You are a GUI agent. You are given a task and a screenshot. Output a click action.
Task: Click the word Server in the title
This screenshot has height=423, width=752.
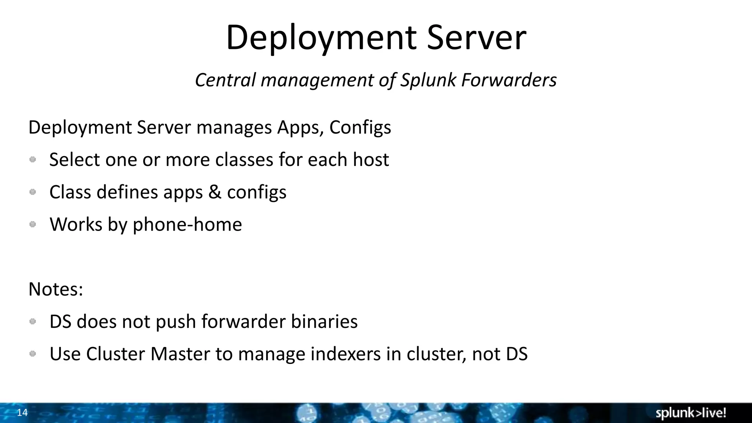tap(476, 38)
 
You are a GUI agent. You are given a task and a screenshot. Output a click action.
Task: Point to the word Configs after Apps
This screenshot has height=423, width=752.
tap(360, 128)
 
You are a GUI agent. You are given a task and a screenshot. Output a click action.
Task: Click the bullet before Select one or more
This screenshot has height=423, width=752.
tap(33, 159)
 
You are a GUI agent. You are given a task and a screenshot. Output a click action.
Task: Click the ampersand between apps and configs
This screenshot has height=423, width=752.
tap(215, 192)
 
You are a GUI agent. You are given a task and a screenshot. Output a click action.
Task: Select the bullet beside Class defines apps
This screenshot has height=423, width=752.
tap(33, 192)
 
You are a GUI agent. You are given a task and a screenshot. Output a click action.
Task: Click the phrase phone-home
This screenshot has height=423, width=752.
tap(187, 224)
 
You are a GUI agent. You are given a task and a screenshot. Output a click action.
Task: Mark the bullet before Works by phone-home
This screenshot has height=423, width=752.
tap(33, 224)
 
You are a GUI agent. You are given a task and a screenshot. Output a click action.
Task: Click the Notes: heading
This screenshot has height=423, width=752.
tap(56, 289)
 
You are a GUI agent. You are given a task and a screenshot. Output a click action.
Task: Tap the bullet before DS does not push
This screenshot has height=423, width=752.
tap(33, 321)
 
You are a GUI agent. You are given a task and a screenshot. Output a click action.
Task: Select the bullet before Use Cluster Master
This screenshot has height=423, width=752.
tap(33, 354)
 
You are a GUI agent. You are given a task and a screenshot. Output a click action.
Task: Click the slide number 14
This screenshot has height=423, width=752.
tap(22, 413)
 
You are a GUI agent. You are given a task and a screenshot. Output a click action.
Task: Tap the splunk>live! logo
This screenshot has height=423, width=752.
tap(691, 413)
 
